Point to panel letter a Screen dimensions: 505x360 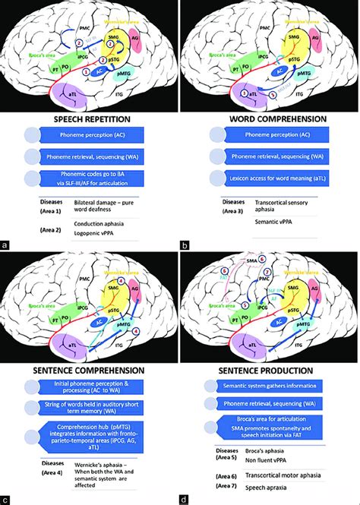(6, 245)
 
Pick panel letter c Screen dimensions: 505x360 (6, 499)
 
